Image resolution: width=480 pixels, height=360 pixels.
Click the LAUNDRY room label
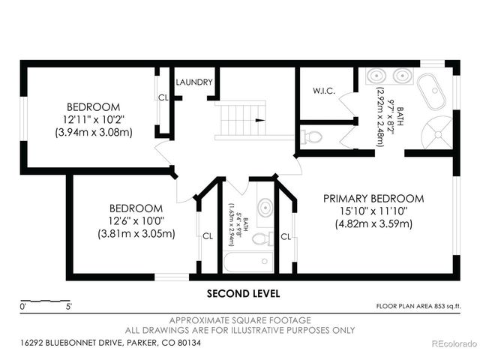[x=194, y=82]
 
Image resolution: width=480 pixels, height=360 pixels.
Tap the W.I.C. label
[x=324, y=91]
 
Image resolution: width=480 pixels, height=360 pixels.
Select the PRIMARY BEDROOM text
[x=373, y=199]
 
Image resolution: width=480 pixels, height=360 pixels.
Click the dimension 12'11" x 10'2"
[x=94, y=119]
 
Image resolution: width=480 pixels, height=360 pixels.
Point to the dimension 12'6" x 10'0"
[x=136, y=220]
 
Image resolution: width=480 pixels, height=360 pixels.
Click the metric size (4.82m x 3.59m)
[x=373, y=224]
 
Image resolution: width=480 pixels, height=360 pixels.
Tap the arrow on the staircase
[x=260, y=120]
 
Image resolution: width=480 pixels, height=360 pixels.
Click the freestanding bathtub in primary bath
[x=432, y=91]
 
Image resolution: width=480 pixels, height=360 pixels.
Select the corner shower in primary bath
[x=437, y=133]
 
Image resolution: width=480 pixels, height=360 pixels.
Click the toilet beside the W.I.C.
[x=311, y=136]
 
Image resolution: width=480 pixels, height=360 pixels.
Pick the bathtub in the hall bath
[x=248, y=262]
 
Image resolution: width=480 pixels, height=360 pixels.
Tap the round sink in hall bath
[x=265, y=208]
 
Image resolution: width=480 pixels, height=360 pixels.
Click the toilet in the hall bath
[x=262, y=238]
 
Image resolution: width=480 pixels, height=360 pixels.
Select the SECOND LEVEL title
[x=243, y=294]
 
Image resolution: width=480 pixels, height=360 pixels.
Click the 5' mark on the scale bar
[x=69, y=307]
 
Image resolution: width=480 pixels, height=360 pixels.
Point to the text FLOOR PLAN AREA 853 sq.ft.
[x=418, y=306]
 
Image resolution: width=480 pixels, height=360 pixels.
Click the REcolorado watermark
[x=454, y=343]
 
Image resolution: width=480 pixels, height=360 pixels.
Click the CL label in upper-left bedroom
[x=163, y=97]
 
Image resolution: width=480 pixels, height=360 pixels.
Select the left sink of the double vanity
[x=376, y=76]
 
